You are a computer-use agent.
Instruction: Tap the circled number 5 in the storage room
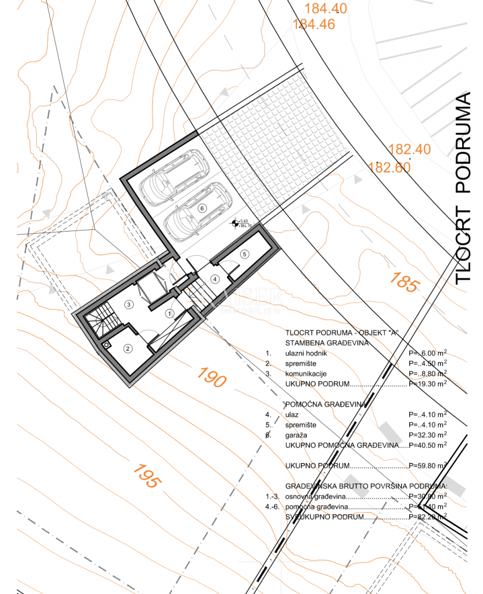point(245,254)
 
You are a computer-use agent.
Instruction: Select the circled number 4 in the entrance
point(215,279)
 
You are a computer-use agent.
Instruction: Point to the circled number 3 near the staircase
point(128,304)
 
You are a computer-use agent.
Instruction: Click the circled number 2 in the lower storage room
point(128,348)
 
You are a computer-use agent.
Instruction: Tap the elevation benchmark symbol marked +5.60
point(235,223)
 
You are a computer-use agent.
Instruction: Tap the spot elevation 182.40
point(409,149)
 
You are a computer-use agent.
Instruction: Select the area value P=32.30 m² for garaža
point(427,435)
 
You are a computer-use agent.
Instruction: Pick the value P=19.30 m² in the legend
point(427,384)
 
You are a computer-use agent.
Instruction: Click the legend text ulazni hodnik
point(306,353)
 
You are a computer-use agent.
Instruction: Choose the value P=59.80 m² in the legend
point(427,465)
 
